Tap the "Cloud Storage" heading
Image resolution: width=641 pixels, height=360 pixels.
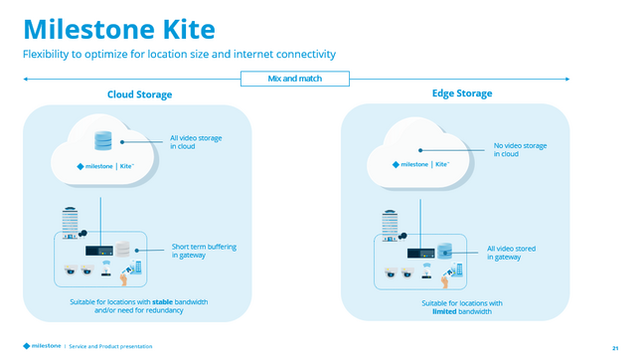click(x=139, y=94)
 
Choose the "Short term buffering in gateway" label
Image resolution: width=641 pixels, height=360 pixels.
click(x=204, y=251)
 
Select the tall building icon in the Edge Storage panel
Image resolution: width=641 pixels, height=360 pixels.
click(x=391, y=226)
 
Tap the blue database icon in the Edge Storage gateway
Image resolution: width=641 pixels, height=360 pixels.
click(x=446, y=252)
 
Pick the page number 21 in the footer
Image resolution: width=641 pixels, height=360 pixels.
click(x=615, y=346)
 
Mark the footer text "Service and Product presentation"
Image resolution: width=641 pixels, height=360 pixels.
click(x=110, y=346)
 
